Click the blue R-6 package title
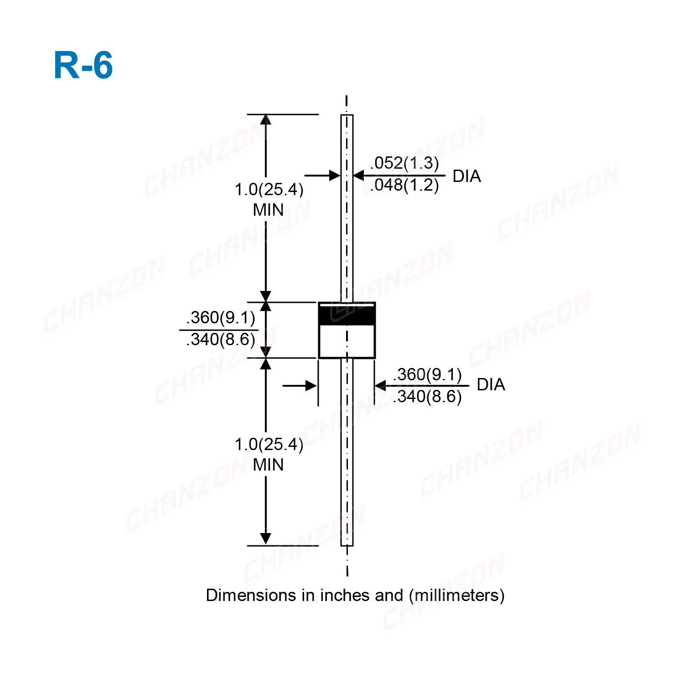83,65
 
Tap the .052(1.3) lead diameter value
404,163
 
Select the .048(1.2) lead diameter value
404,185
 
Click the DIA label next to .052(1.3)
466,176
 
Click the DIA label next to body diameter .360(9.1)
491,384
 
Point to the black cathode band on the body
347,315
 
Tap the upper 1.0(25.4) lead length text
269,189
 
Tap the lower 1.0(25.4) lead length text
269,444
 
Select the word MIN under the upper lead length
268,210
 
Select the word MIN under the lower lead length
268,465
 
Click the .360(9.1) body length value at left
221,317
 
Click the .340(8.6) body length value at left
221,339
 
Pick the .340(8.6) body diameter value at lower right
427,396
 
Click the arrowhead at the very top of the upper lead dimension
266,119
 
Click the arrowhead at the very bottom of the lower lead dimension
265,539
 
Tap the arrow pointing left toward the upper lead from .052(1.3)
359,176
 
